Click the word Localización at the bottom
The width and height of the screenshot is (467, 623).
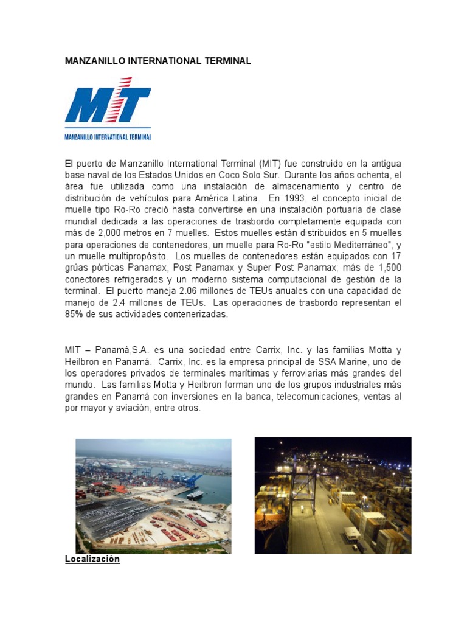(92, 559)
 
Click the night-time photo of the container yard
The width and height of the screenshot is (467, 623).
(333, 495)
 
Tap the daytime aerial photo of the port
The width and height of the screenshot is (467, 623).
(153, 495)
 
